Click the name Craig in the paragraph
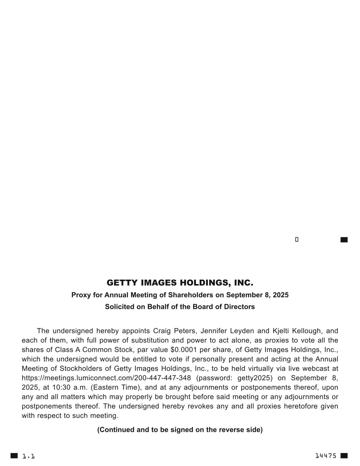162,331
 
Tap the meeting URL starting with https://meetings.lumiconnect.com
106,378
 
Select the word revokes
204,406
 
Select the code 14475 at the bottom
326,456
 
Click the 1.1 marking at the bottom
29,456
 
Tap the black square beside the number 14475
344,456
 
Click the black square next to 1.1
14,456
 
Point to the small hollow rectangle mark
297,239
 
